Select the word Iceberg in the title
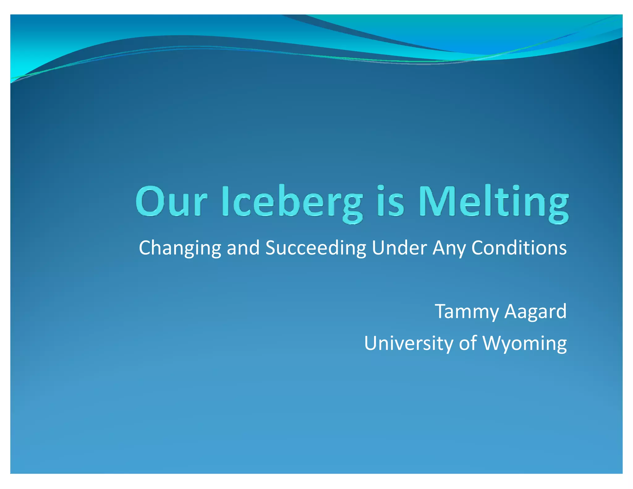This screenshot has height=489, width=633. [292, 202]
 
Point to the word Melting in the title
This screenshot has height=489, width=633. [493, 202]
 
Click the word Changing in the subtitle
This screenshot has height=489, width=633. [180, 248]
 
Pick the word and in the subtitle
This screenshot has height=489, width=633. [243, 248]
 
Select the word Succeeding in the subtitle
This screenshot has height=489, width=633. [316, 248]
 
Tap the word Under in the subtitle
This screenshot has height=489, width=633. [399, 248]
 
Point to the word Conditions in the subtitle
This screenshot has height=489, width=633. [519, 248]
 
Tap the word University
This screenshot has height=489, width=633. [408, 343]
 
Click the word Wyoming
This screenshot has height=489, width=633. [525, 343]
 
